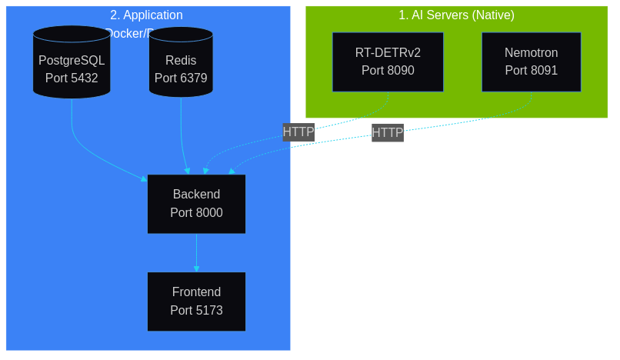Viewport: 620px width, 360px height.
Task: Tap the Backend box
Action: point(196,204)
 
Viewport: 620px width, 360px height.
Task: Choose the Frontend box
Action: point(196,302)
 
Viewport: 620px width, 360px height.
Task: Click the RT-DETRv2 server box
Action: point(388,62)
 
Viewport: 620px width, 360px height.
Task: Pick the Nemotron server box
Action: point(531,62)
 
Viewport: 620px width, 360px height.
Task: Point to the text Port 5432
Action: point(72,78)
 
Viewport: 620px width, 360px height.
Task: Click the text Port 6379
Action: point(181,78)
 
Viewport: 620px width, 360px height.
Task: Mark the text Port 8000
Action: point(196,213)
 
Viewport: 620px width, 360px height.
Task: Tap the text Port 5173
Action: point(196,311)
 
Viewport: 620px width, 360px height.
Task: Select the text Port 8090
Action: point(388,71)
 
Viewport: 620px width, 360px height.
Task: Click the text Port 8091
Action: point(531,71)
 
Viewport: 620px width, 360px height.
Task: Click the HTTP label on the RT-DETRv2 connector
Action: point(298,132)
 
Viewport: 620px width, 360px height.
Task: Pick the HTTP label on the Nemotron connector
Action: point(388,133)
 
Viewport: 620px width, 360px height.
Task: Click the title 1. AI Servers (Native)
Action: point(456,15)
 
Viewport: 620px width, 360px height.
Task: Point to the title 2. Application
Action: point(146,15)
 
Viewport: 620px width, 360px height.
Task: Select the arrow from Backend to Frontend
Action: point(196,252)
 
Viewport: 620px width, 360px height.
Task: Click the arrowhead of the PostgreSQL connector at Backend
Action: point(144,179)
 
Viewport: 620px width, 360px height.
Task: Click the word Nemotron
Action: point(531,53)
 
